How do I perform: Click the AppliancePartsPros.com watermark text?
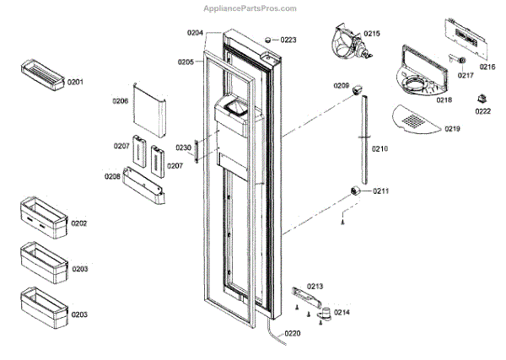(x=250, y=8)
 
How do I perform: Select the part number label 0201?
(x=76, y=82)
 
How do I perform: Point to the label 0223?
(x=288, y=40)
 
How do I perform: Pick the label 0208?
(x=112, y=177)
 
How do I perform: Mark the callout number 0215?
(x=372, y=34)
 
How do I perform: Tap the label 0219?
(x=453, y=128)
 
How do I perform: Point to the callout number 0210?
(x=379, y=148)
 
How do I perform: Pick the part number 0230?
(x=183, y=148)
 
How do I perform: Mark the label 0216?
(x=487, y=67)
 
